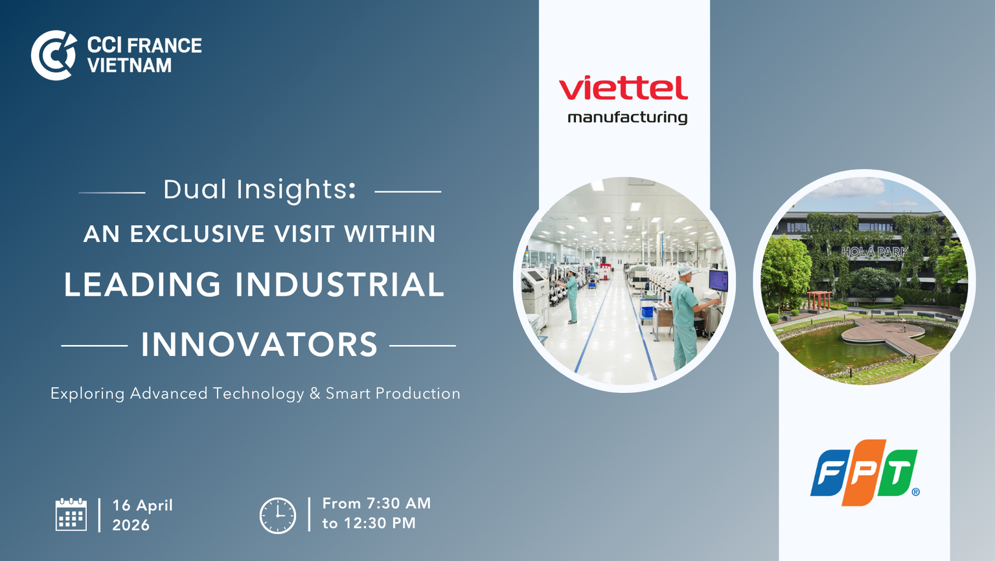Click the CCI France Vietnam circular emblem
tap(53, 55)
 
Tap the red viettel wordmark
tap(623, 88)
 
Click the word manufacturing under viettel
tap(627, 118)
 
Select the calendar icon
tap(71, 514)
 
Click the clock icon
tap(278, 516)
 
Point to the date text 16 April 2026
tap(142, 515)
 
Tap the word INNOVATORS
tap(259, 344)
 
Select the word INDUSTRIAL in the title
tap(339, 284)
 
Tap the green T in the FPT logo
tap(897, 473)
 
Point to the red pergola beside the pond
tap(819, 300)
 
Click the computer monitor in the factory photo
tap(718, 281)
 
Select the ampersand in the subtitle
tap(315, 393)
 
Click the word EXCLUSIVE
tap(197, 234)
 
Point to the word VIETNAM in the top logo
tap(130, 66)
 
